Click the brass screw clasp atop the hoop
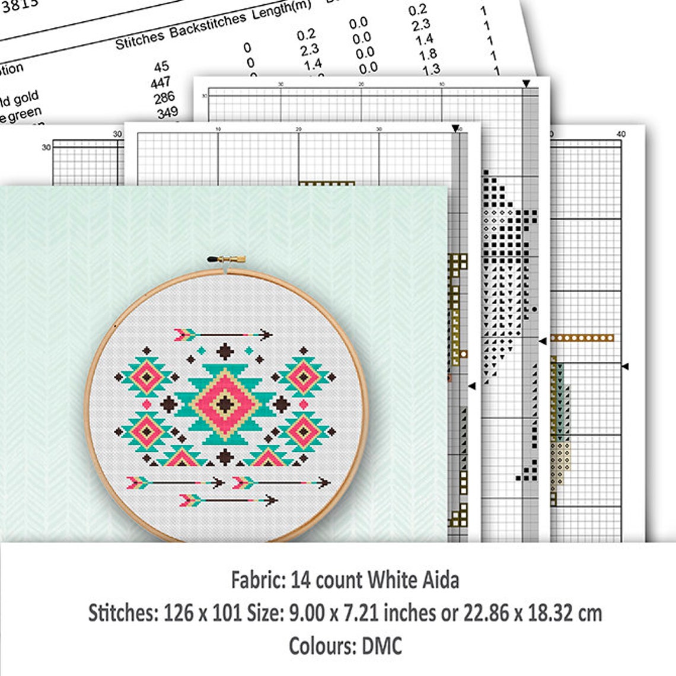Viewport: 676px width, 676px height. click(x=226, y=259)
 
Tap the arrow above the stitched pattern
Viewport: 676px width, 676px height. click(x=223, y=335)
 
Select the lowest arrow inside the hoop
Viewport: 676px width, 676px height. click(x=228, y=501)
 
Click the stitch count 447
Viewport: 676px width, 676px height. click(x=160, y=82)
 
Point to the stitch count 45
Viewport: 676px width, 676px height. click(x=161, y=66)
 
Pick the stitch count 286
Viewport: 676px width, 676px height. click(x=164, y=97)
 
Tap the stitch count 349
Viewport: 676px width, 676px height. click(x=167, y=111)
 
